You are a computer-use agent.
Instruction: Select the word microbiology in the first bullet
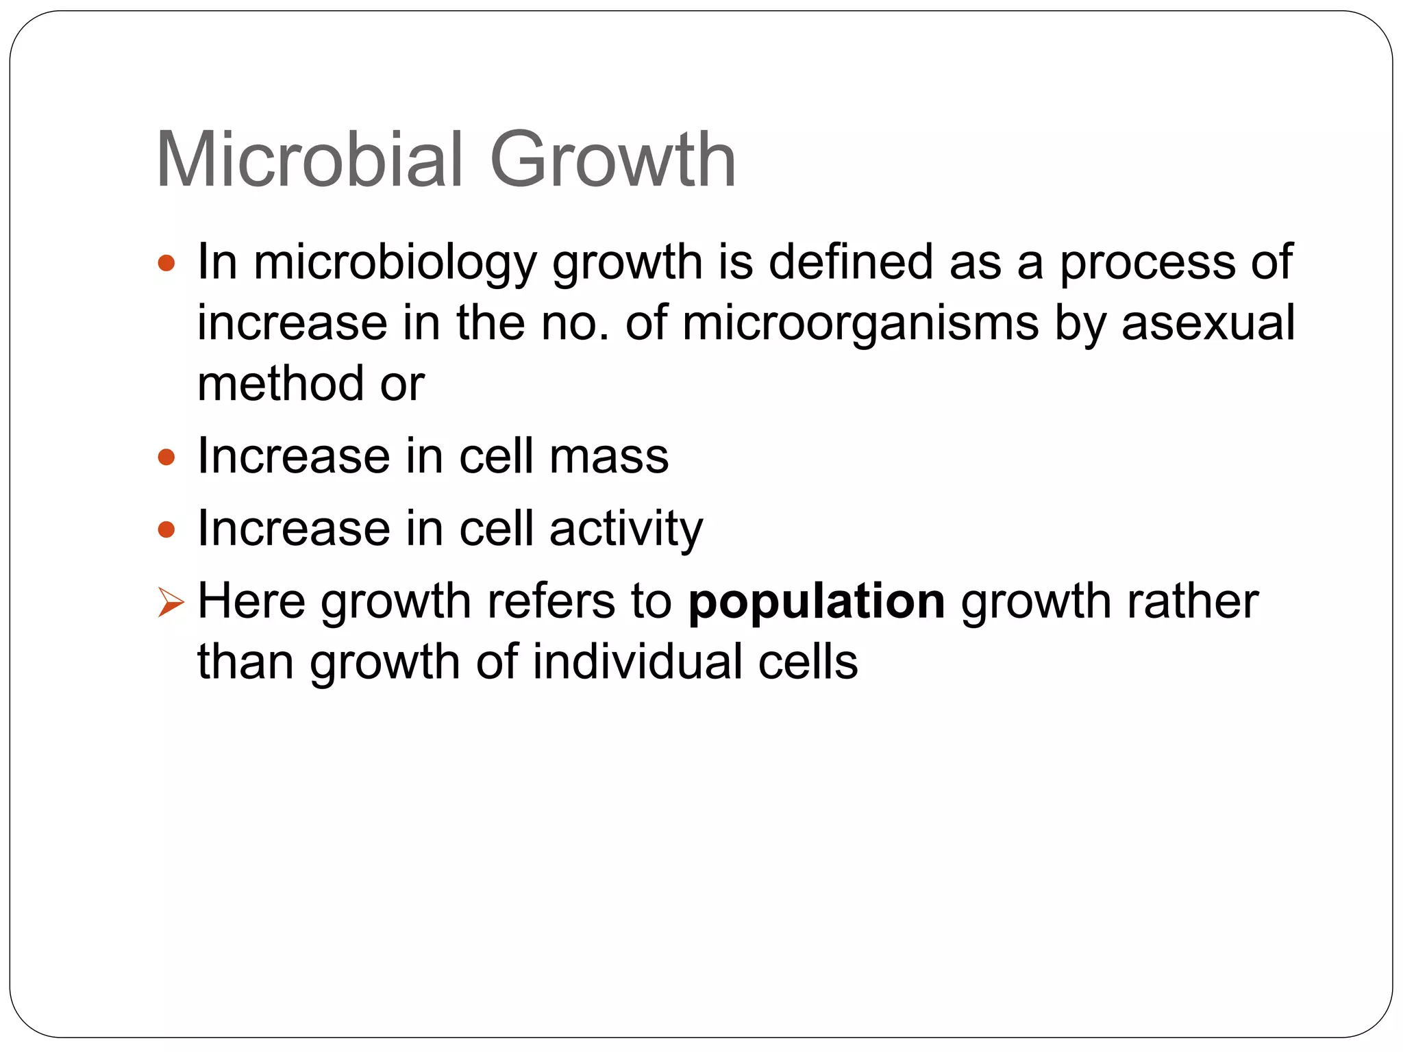coord(395,264)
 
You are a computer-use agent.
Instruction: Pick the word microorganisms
coord(860,325)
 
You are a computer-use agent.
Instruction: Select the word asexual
coord(1208,323)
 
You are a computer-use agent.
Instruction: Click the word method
coord(280,384)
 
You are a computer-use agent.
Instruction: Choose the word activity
coord(625,530)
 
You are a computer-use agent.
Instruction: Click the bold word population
coord(817,603)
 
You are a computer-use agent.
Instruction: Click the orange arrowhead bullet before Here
coord(170,603)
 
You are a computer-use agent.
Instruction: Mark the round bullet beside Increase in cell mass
coord(166,457)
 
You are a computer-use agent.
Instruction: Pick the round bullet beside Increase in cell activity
coord(166,529)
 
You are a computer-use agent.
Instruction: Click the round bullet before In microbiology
coord(166,263)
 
